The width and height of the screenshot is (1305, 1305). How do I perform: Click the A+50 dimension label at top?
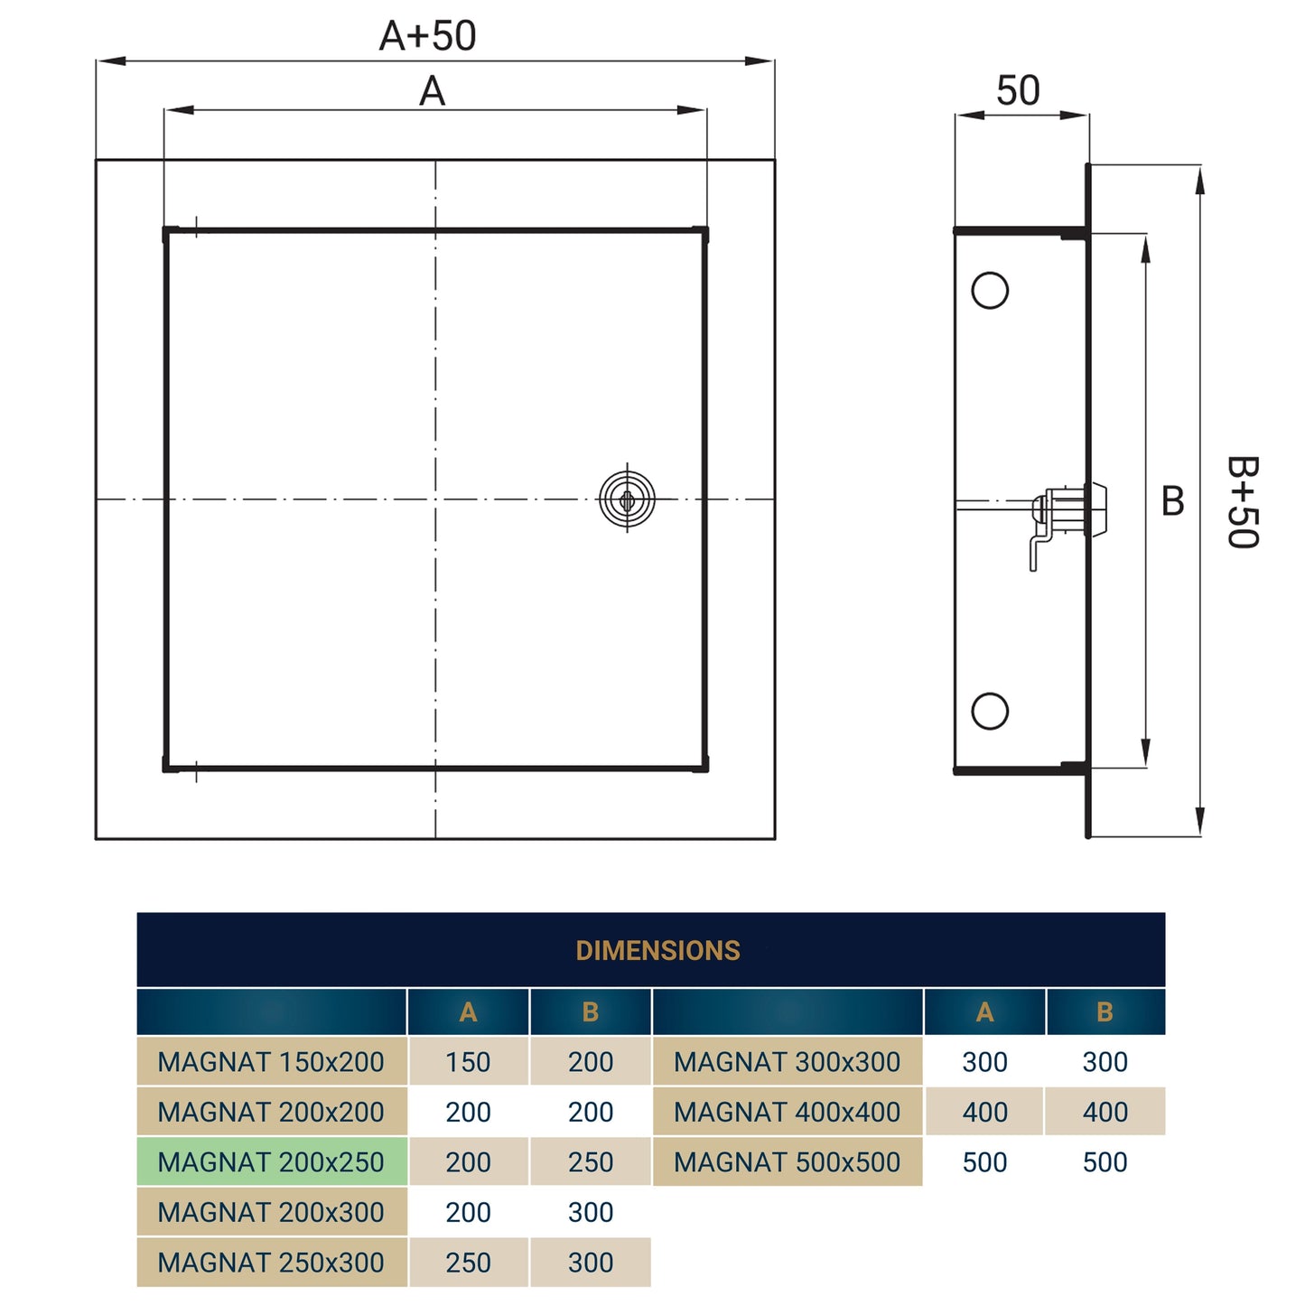[427, 36]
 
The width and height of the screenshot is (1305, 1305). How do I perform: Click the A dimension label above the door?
[432, 91]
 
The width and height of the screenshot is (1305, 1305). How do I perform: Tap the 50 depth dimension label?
[1018, 90]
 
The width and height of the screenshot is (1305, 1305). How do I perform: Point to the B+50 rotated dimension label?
[1243, 502]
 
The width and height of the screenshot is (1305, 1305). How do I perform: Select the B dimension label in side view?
[1172, 501]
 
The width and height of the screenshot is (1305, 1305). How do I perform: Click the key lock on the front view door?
[627, 499]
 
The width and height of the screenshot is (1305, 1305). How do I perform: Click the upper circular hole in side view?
[990, 291]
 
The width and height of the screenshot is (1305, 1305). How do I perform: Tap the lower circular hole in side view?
[990, 711]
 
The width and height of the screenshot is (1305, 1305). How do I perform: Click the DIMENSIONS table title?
[657, 950]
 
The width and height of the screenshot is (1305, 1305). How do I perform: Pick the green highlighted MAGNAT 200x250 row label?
[271, 1162]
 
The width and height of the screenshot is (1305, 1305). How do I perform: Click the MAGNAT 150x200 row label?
[271, 1062]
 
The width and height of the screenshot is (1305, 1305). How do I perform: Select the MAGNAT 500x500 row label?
[787, 1162]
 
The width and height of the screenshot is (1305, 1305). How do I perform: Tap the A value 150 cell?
[468, 1062]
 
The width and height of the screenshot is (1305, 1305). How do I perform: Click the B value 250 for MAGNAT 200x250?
[591, 1162]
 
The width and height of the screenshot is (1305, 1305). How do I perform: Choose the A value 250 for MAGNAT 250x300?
[468, 1263]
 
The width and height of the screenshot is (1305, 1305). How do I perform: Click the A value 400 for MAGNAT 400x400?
[984, 1112]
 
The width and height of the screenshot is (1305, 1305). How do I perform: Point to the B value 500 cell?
[1105, 1162]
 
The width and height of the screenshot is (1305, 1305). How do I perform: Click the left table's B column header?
[591, 1012]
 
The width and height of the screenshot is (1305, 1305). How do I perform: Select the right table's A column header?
[984, 1012]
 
